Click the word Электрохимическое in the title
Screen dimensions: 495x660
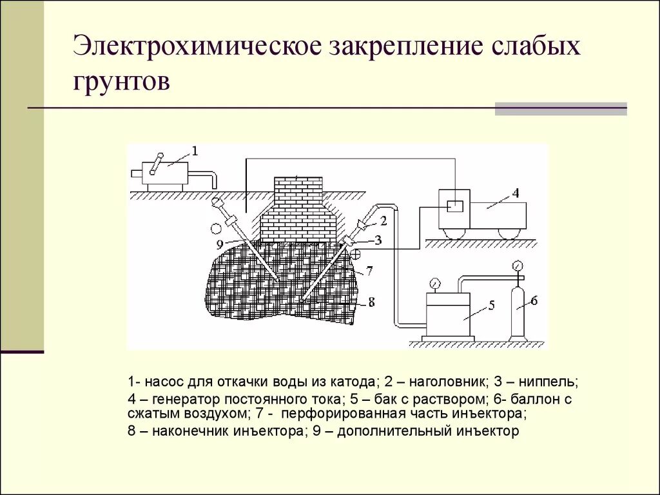click(x=193, y=48)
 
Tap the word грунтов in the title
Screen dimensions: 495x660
click(x=122, y=81)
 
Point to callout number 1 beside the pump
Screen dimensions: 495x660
click(x=195, y=151)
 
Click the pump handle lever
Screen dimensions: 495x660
click(x=156, y=163)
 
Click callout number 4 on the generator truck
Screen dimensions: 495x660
click(x=515, y=192)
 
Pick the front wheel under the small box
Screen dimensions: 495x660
click(x=455, y=233)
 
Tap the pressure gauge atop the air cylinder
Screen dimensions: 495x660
click(x=516, y=266)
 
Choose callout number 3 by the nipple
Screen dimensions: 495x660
click(x=378, y=240)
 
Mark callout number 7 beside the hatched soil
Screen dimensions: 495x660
click(x=369, y=271)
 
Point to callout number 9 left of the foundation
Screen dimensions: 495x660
click(x=220, y=244)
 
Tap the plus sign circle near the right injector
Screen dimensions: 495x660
click(x=356, y=255)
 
